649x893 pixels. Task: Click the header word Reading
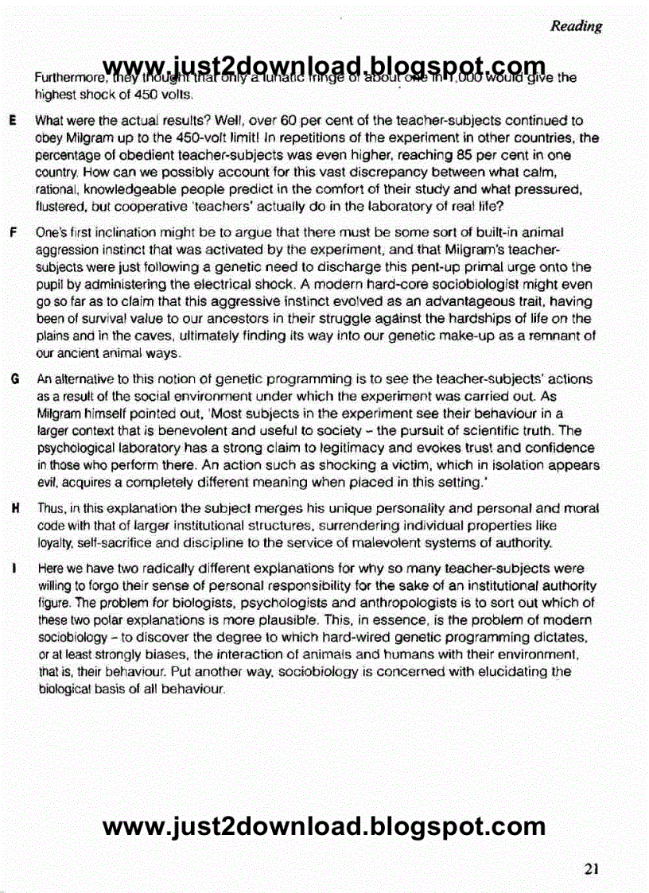576,26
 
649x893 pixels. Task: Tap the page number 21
591,868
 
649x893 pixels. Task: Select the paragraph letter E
14,121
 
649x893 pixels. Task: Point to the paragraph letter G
14,380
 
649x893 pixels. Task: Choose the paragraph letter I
14,569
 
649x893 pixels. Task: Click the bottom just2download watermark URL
324,827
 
